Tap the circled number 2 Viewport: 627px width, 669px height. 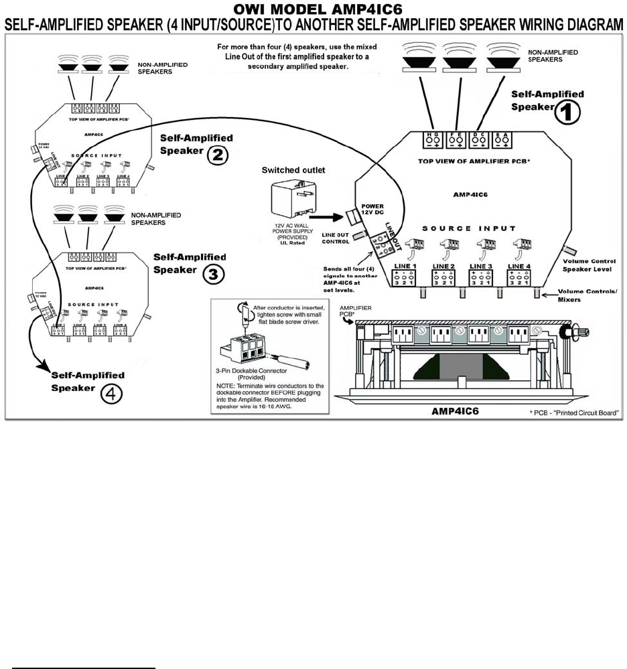218,155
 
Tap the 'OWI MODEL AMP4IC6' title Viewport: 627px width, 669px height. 313,9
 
